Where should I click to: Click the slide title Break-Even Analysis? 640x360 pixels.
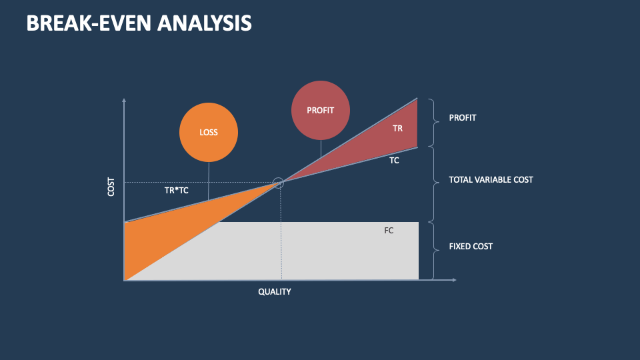139,23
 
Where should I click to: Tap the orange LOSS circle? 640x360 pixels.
209,132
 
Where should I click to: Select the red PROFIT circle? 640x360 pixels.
320,111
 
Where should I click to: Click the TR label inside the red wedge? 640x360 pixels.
397,128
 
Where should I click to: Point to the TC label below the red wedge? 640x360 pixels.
394,161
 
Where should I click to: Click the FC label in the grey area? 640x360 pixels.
389,231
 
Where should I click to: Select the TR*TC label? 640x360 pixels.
177,190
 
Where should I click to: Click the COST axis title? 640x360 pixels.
111,187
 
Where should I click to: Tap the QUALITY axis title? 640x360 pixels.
275,292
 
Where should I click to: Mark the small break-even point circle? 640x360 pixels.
279,183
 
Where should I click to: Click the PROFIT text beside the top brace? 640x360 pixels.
463,118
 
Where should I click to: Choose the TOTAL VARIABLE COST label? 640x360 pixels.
491,180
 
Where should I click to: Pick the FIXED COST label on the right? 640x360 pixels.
471,247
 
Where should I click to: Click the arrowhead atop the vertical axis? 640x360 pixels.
124,101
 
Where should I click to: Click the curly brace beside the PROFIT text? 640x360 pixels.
434,122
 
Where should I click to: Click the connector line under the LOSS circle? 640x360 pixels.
209,180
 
